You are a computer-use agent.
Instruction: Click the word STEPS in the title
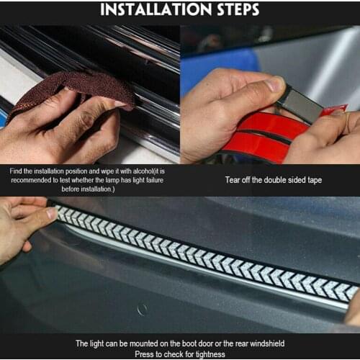pyautogui.click(x=231, y=11)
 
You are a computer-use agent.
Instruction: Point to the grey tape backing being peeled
pyautogui.click(x=299, y=102)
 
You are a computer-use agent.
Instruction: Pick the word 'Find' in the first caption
pyautogui.click(x=17, y=171)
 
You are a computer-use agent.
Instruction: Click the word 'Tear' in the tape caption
pyautogui.click(x=233, y=179)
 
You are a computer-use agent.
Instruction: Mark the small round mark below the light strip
pyautogui.click(x=143, y=309)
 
